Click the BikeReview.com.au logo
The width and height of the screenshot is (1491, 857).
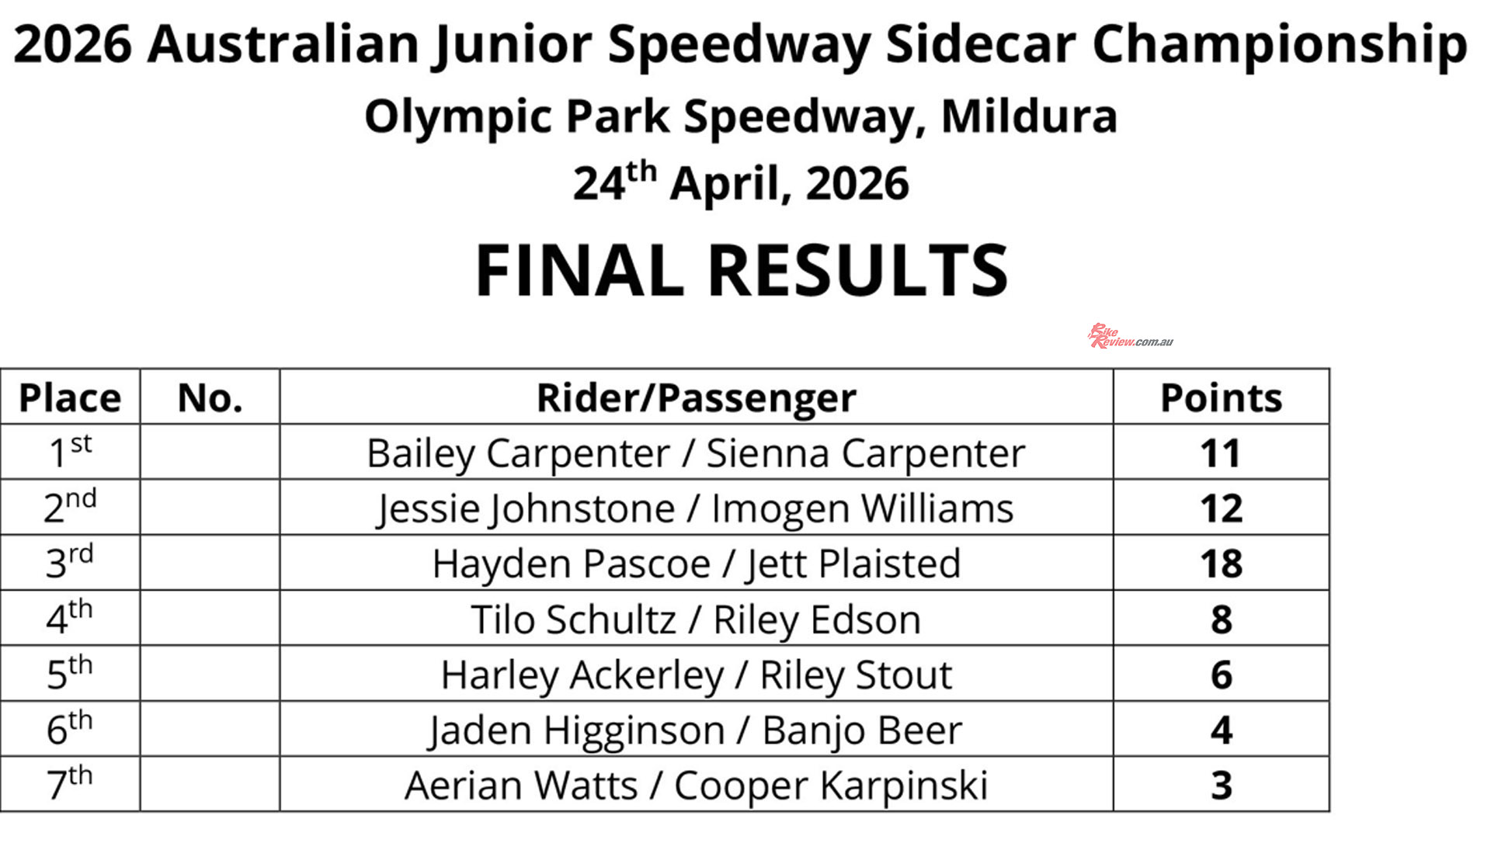click(x=1130, y=336)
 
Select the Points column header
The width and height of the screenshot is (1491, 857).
click(x=1221, y=397)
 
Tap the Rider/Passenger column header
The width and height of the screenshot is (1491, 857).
click(x=696, y=398)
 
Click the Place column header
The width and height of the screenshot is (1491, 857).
click(x=70, y=397)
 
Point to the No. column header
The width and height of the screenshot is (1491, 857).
click(x=210, y=397)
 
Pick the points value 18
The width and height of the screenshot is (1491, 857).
click(x=1221, y=564)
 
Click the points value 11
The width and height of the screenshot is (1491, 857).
click(x=1221, y=453)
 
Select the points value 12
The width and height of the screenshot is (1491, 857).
click(x=1221, y=508)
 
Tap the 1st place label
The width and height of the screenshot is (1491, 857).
click(x=70, y=452)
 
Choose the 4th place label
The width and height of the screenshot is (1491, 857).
click(x=70, y=617)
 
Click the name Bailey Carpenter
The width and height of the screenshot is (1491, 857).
click(x=518, y=454)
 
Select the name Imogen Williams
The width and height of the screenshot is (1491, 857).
click(x=862, y=509)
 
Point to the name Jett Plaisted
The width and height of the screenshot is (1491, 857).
click(x=853, y=564)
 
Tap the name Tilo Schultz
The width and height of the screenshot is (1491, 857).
click(x=574, y=619)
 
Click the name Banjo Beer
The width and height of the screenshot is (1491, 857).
click(x=862, y=730)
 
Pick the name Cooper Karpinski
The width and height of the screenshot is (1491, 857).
click(x=831, y=786)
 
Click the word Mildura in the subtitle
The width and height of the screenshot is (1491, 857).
click(x=1029, y=116)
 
